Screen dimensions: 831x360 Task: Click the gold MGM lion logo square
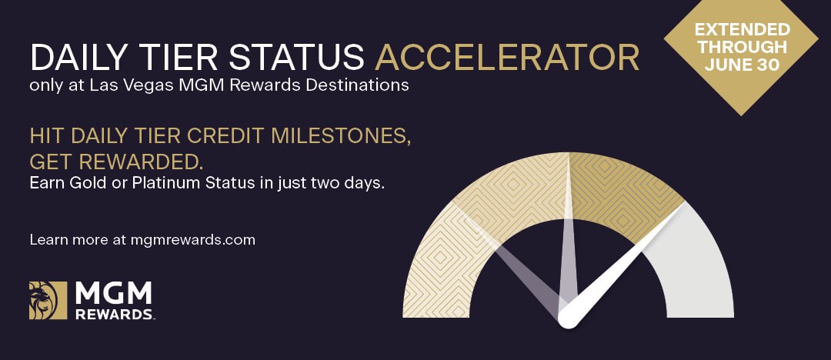pos(48,300)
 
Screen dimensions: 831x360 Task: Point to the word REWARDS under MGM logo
pos(114,314)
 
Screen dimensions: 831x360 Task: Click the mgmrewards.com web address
pos(193,240)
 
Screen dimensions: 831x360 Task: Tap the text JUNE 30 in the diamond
pos(742,65)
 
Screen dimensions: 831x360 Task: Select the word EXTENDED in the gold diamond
pos(742,30)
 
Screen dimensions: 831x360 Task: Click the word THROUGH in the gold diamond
pos(742,47)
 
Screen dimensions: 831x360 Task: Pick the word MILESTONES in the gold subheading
pos(341,135)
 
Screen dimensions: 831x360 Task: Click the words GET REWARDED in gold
pos(117,162)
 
